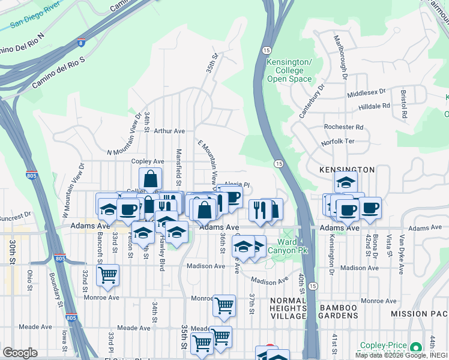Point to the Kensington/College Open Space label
pyautogui.click(x=289, y=71)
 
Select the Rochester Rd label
pyautogui.click(x=343, y=127)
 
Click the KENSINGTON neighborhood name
pyautogui.click(x=346, y=170)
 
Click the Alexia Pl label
pyautogui.click(x=237, y=185)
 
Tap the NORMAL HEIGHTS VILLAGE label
pyautogui.click(x=289, y=308)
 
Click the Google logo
pyautogui.click(x=20, y=353)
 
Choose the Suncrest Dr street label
pyautogui.click(x=16, y=215)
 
